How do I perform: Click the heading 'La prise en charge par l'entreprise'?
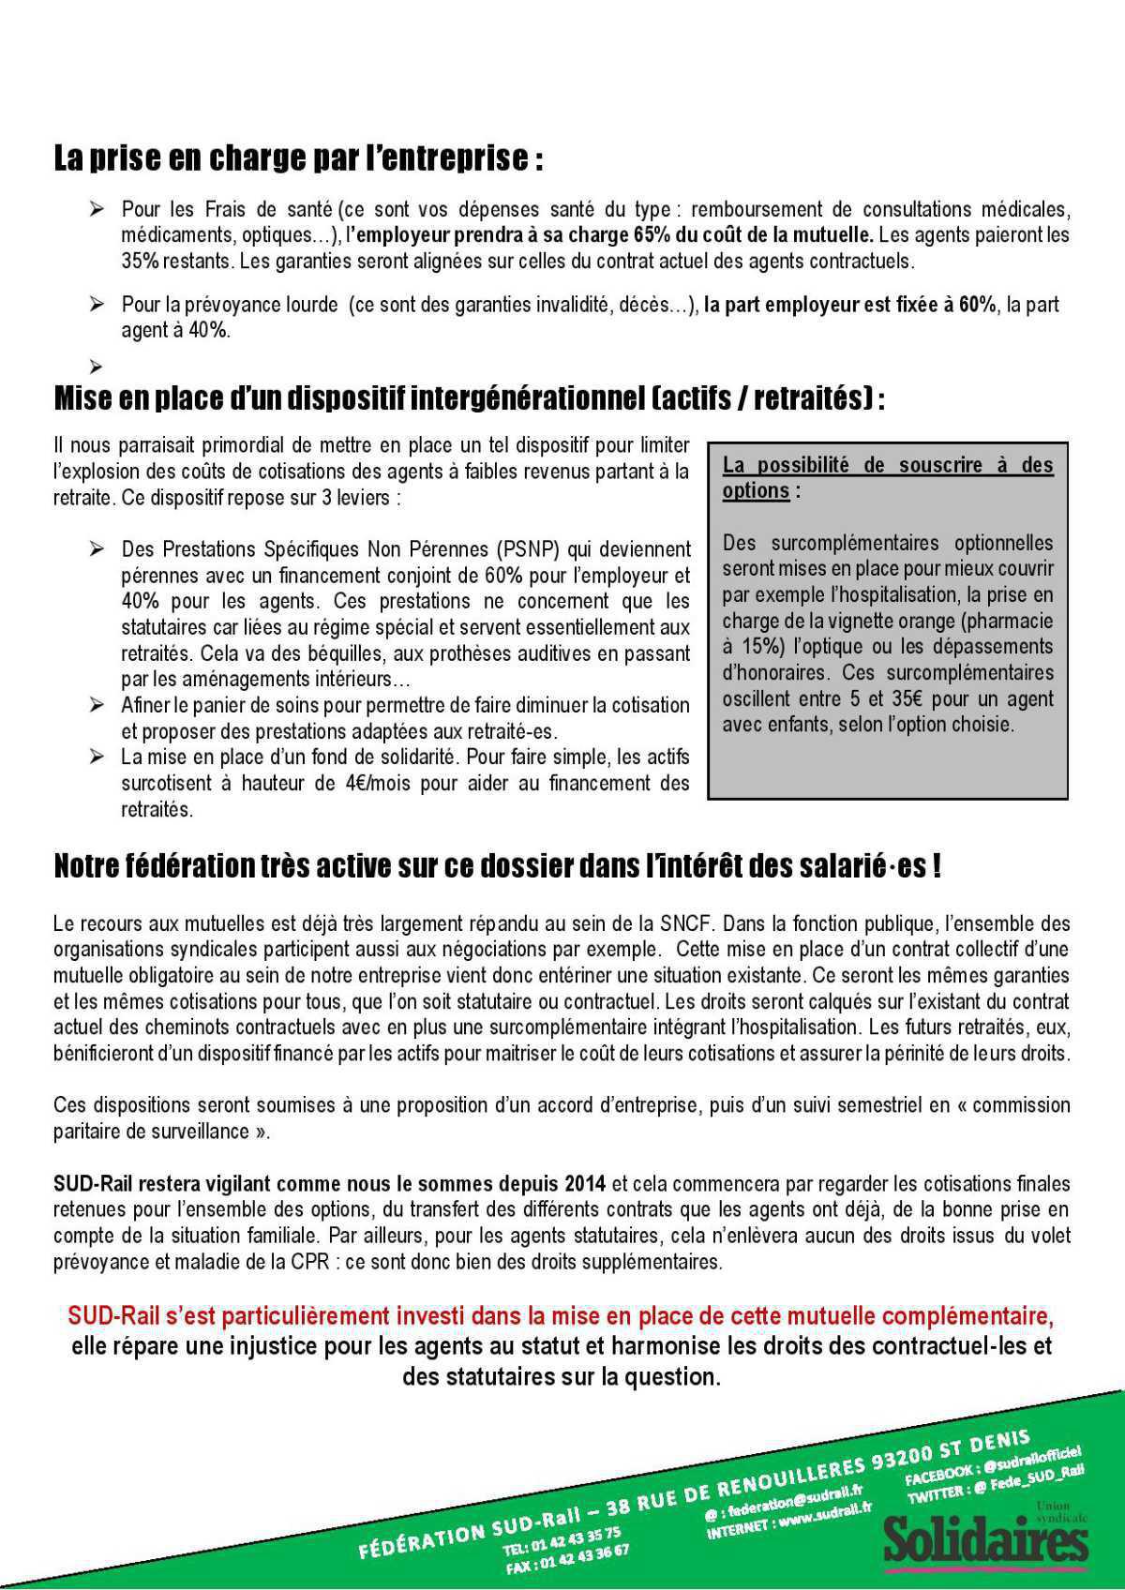tap(297, 157)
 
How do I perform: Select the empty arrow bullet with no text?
tap(96, 365)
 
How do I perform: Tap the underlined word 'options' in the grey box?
tap(755, 490)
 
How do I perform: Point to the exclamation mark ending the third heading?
tap(936, 865)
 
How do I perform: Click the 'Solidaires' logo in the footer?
tap(984, 1538)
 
